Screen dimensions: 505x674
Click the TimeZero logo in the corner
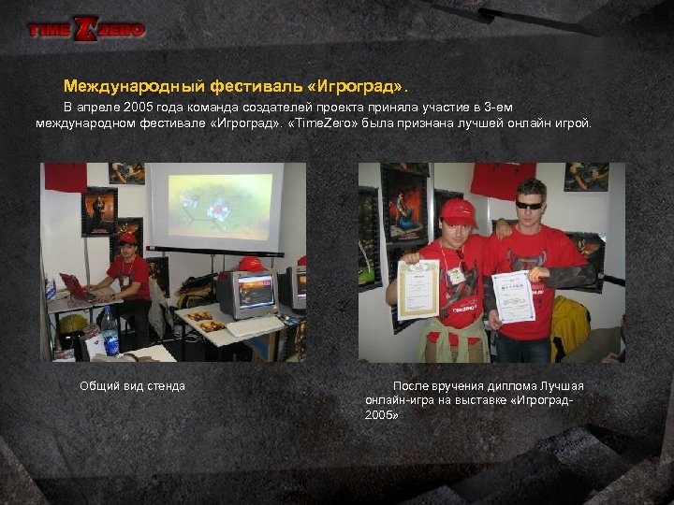tap(86, 29)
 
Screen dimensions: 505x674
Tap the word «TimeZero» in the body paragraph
tap(323, 123)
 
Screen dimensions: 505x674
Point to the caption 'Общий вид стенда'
tap(132, 385)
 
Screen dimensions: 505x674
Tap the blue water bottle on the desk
tap(110, 331)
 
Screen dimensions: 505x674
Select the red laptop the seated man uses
tap(74, 286)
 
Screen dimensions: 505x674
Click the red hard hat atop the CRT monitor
tap(250, 264)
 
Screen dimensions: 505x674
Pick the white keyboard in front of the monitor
tap(253, 325)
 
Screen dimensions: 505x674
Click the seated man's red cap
tap(127, 239)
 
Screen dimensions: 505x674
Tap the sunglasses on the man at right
tap(529, 204)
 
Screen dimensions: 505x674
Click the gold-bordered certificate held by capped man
tap(418, 289)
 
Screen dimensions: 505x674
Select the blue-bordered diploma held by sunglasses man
tap(513, 296)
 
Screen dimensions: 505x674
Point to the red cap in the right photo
tap(457, 211)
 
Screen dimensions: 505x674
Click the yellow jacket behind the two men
tap(569, 322)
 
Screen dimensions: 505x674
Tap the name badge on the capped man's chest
tap(456, 275)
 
